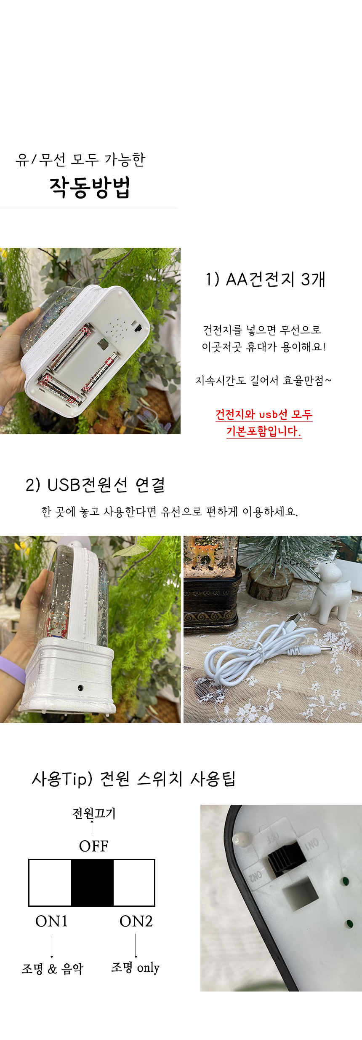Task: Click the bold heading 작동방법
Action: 90,187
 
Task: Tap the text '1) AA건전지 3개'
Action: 266,279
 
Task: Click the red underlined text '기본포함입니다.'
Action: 264,431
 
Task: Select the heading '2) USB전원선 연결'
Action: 95,485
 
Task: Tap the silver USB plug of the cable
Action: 294,619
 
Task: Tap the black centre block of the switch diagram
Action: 92,882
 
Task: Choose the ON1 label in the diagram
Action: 51,921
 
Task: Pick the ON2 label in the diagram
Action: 136,921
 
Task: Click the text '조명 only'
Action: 135,967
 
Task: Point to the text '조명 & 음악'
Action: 53,968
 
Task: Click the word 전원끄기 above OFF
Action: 94,813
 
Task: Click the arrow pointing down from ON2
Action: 136,946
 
